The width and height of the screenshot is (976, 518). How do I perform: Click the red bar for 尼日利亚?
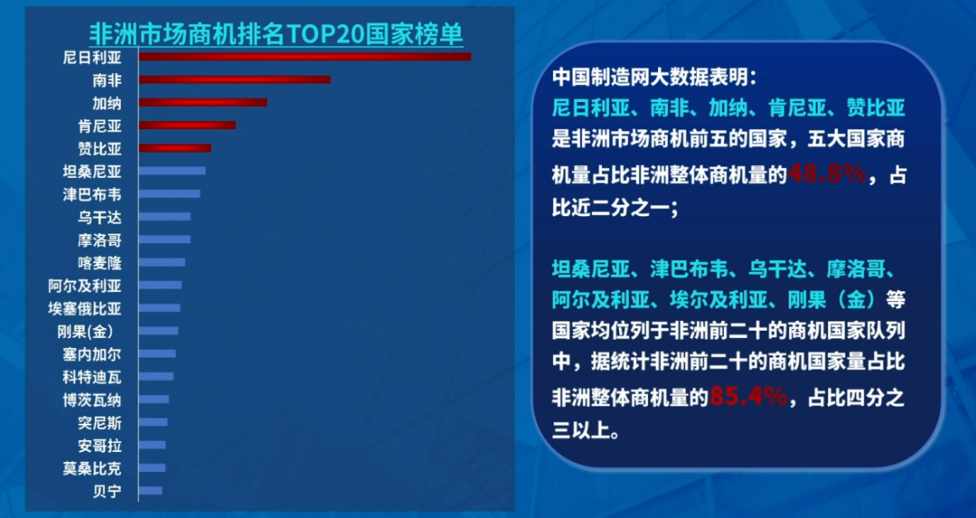(305, 57)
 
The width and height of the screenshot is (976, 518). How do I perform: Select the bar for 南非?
(235, 80)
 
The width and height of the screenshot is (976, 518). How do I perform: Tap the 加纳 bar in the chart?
(203, 103)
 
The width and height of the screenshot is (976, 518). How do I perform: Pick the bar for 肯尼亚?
(187, 125)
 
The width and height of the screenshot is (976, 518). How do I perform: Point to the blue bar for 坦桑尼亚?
(172, 171)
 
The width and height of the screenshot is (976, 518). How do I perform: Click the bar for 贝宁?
(151, 491)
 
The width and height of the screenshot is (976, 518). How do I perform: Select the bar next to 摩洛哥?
(164, 240)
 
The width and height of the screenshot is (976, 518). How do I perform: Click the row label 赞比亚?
(99, 149)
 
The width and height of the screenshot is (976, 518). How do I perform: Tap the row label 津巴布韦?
(92, 195)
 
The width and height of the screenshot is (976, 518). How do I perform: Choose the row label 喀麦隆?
(99, 263)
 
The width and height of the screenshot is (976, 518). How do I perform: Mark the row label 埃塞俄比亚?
(85, 309)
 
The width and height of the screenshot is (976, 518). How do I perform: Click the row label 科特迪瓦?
(92, 377)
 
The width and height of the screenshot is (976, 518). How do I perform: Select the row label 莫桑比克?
(92, 468)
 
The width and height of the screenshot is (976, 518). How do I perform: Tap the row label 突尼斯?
(99, 423)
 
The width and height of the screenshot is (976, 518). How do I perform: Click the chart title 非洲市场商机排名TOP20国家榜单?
(276, 33)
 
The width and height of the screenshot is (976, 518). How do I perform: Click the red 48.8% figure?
(827, 175)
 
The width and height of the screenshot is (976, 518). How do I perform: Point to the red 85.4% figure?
(748, 396)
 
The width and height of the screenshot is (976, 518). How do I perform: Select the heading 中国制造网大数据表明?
(655, 77)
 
